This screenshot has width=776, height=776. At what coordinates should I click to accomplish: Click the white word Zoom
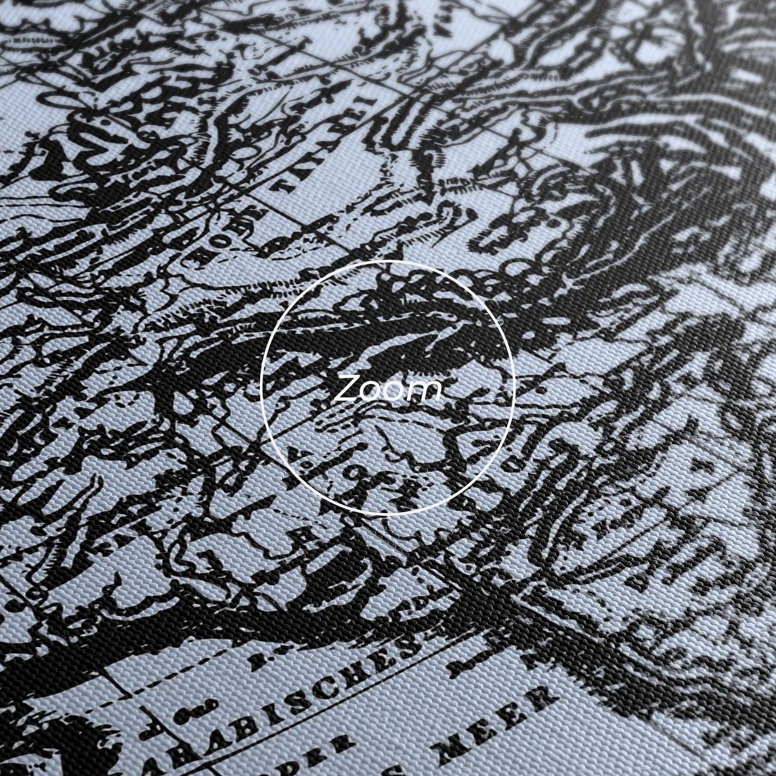(x=387, y=388)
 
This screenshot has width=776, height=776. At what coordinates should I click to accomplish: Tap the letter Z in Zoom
(x=346, y=389)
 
